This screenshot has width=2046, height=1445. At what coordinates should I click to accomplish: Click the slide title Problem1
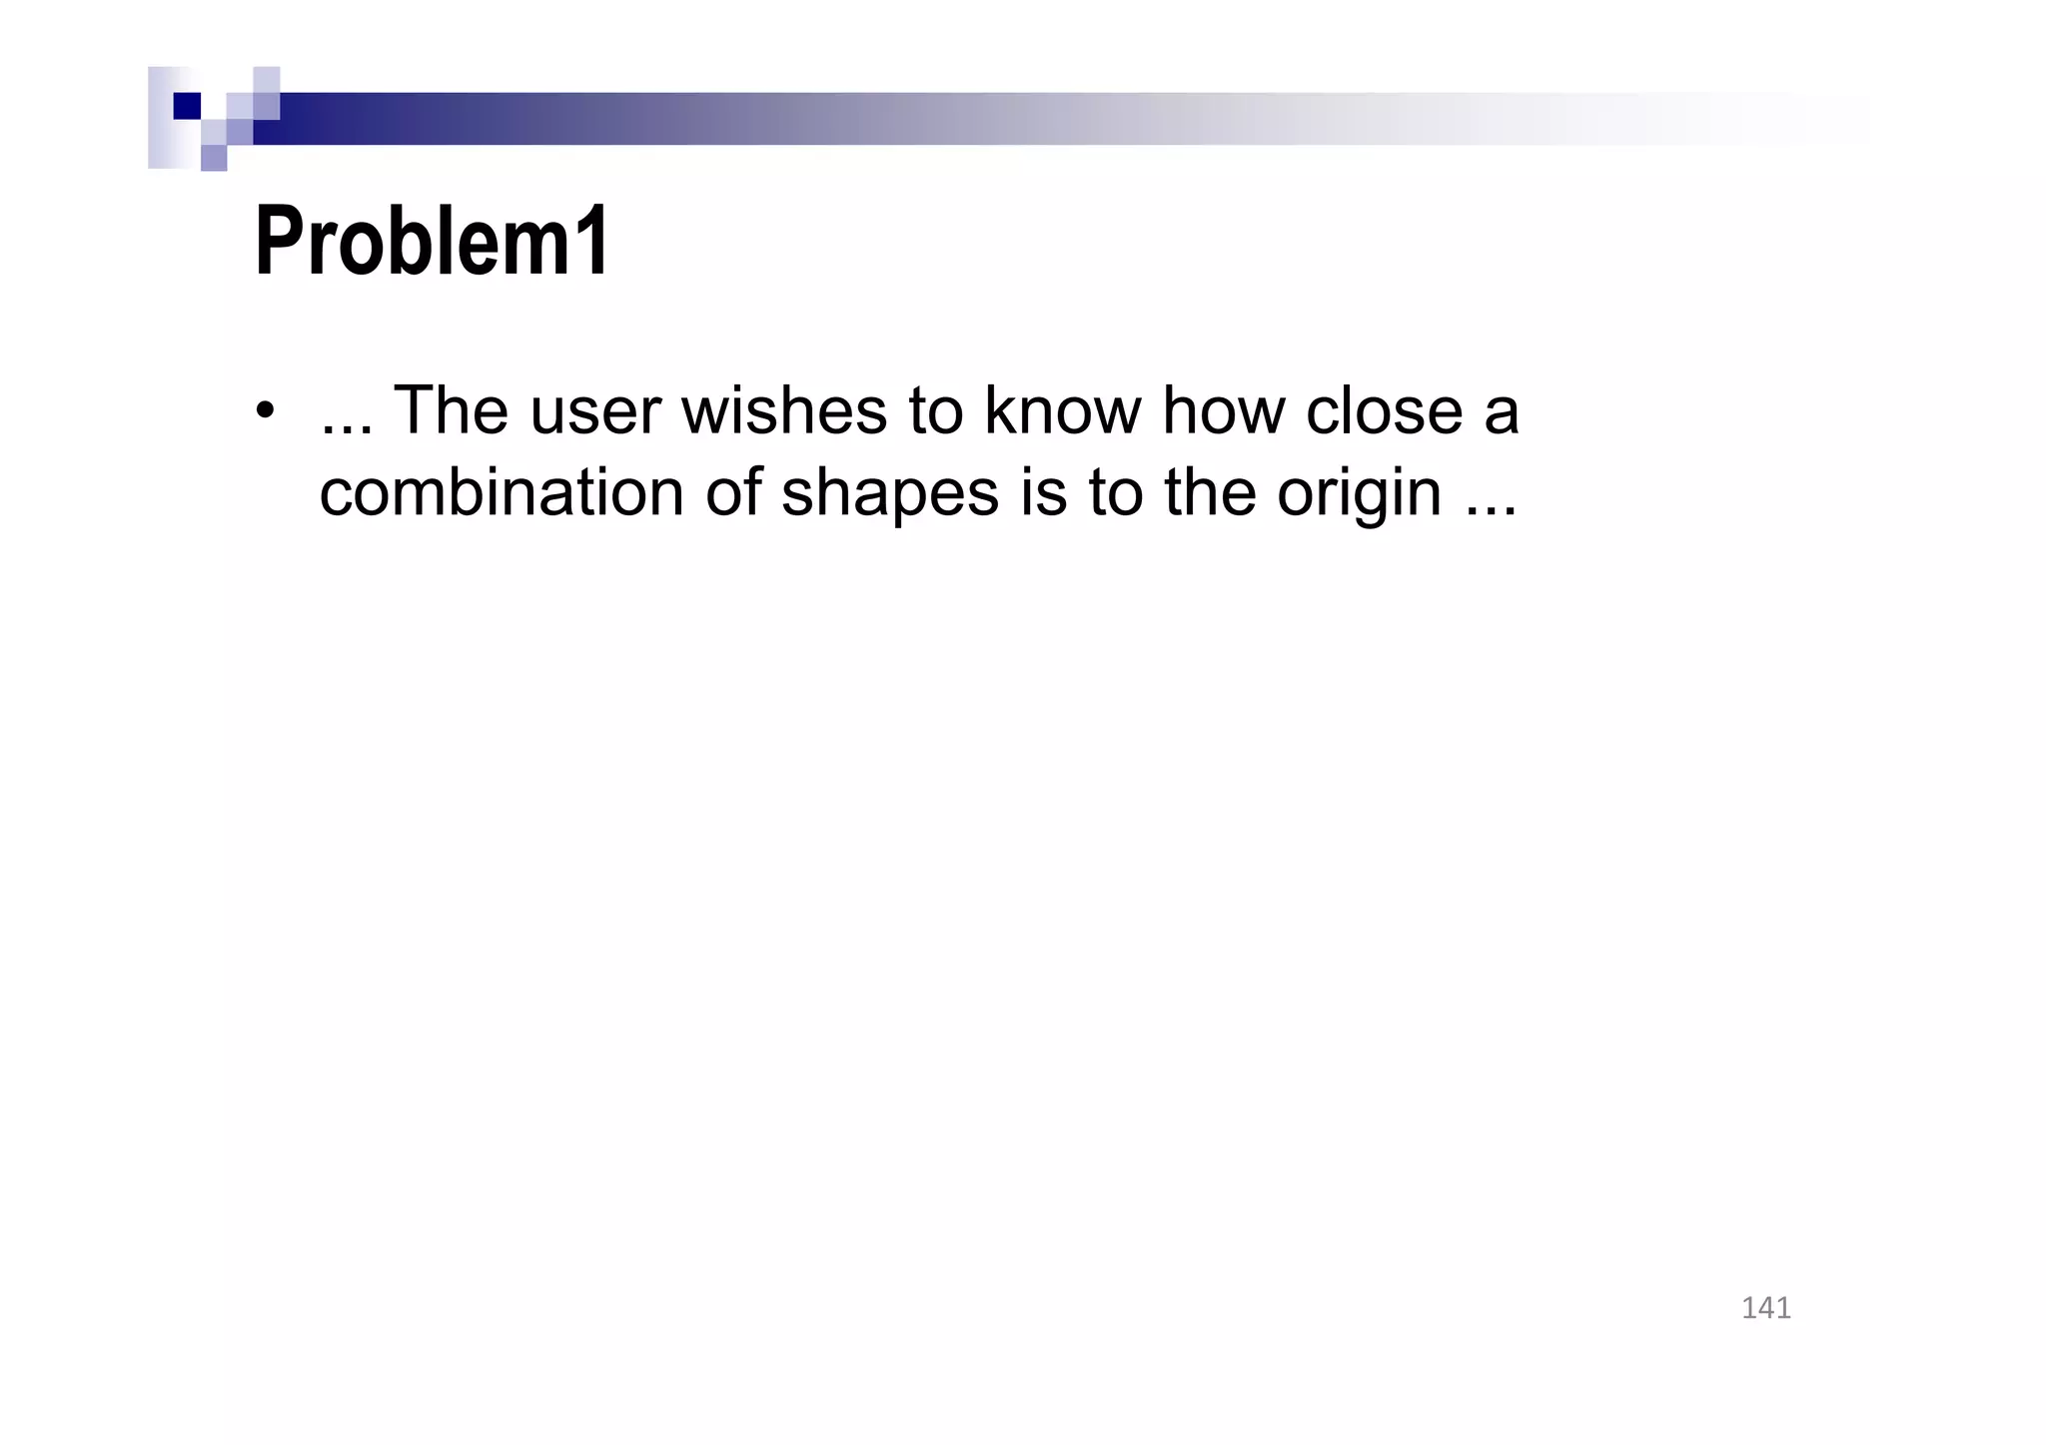[432, 242]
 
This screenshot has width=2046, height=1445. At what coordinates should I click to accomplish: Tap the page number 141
[1765, 1308]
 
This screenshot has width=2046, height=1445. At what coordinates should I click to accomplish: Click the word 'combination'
[501, 492]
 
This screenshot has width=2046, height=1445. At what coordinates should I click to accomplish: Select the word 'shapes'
[889, 494]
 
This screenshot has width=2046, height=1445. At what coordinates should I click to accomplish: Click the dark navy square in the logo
[187, 106]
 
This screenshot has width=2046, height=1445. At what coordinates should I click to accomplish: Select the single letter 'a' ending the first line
[1502, 411]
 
